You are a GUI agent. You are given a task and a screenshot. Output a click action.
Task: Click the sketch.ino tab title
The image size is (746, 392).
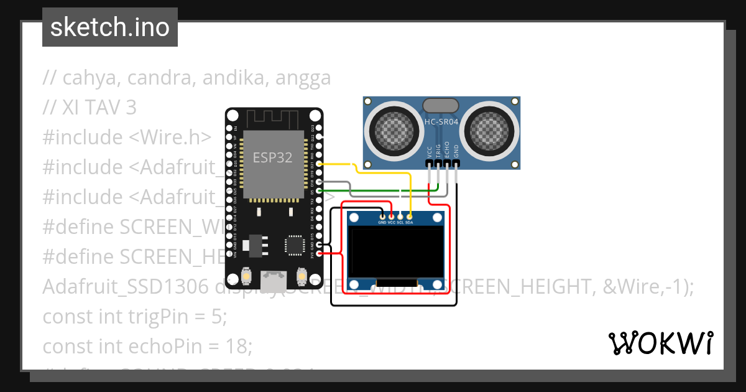coord(110,27)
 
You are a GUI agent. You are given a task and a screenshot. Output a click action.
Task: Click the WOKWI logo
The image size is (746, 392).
coord(660,343)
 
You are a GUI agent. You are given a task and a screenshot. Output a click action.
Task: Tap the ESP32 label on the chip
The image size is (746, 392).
coord(272,157)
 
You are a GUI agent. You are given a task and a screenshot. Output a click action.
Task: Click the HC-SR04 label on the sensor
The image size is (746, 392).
coord(441,122)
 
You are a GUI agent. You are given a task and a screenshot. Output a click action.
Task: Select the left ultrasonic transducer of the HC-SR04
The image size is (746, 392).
coord(392,130)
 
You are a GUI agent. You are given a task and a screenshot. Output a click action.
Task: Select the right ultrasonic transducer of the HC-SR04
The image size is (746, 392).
coord(491,130)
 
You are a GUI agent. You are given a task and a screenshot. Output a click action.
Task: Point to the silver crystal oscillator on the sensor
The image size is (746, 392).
coord(441,106)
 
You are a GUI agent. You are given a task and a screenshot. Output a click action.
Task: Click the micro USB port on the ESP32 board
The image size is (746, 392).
coord(274,280)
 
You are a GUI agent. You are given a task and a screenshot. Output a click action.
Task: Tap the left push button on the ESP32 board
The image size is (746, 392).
coord(247,276)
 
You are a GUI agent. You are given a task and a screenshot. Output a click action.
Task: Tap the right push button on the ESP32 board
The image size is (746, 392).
coord(302,276)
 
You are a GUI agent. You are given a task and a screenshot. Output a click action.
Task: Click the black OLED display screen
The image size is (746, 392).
coord(397,252)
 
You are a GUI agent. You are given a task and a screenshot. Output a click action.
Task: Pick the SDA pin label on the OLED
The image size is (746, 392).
coord(409,222)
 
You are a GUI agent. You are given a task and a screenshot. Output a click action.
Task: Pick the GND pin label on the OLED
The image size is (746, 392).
coord(382,222)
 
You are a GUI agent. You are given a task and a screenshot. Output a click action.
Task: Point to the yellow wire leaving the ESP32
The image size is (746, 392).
coord(339,164)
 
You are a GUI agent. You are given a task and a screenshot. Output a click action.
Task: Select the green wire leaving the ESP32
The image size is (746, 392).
coord(373,190)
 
